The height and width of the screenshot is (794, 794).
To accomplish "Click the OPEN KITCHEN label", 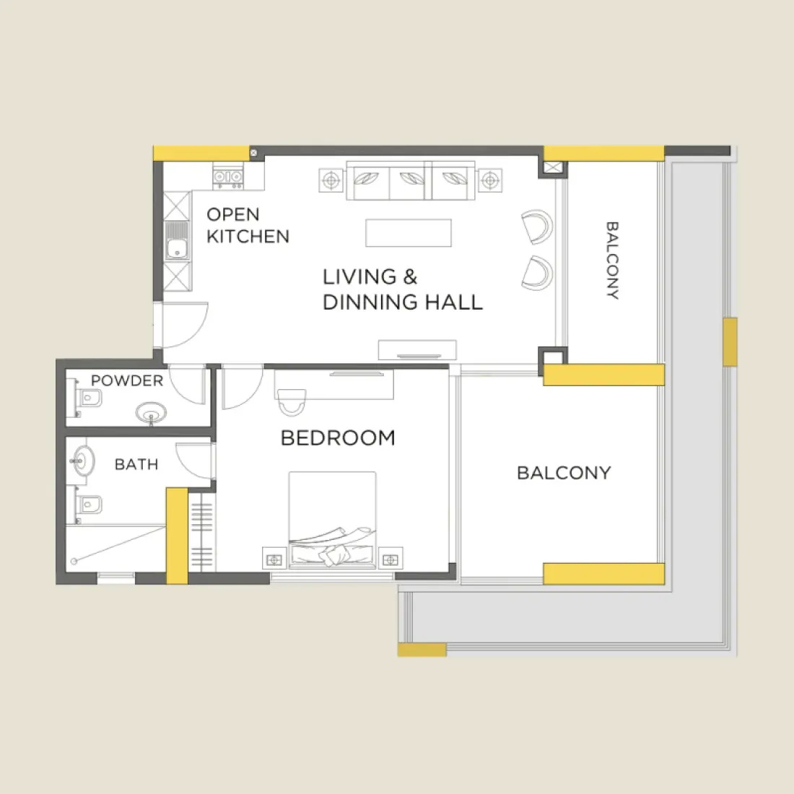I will coord(247,225).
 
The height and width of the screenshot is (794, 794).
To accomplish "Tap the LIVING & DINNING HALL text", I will coord(401,289).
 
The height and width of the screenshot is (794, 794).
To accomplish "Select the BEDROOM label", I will coord(338,438).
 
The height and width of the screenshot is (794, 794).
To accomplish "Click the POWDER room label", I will coord(127,380).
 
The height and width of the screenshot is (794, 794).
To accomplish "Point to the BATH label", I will coord(136,464).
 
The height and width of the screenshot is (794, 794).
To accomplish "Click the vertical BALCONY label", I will coord(611,261).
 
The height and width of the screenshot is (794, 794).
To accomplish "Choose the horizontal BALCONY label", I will coord(564,473).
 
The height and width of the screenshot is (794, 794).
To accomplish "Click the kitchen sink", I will coord(177,240).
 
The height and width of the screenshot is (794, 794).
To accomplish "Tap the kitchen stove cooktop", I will coord(227,176).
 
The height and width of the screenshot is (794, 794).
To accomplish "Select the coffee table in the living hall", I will coord(409,233).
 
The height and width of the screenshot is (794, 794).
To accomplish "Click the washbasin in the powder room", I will coord(151,414).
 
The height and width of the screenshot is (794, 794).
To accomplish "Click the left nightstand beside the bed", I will coord(274,559).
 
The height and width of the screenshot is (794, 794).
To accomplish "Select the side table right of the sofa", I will coord(489,180).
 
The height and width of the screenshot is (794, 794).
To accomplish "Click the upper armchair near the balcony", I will coord(536,227).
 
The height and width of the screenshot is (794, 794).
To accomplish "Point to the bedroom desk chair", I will coord(292,403).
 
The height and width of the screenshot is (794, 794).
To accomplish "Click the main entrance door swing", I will coord(186,323).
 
